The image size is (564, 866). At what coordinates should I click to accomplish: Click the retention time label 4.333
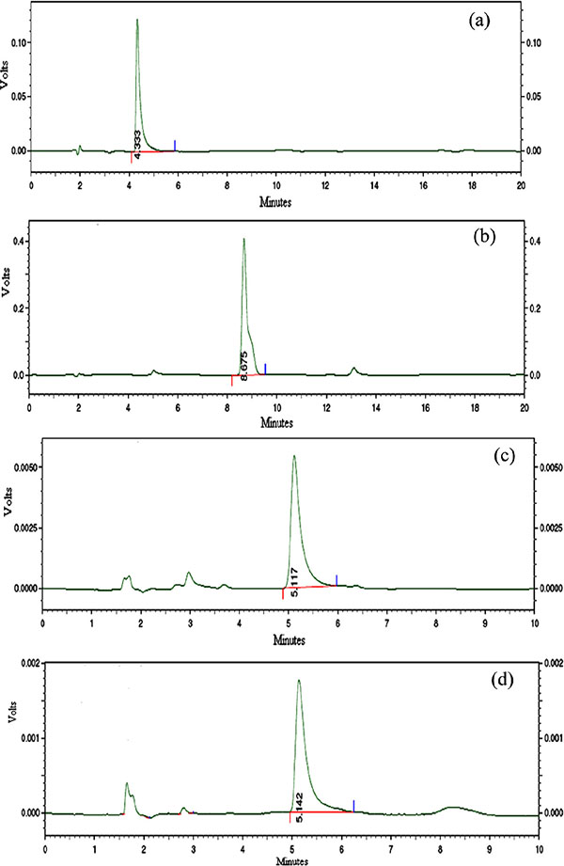pos(138,144)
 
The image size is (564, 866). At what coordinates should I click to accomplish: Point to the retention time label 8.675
pos(243,367)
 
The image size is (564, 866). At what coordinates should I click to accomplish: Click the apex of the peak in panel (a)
pos(137,20)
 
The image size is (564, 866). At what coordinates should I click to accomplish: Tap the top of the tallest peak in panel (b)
pos(243,239)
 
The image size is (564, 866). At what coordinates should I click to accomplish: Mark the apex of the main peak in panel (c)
pos(294,457)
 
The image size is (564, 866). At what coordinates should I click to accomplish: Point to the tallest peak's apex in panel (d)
pos(298,681)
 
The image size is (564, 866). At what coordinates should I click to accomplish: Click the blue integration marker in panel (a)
pos(175,145)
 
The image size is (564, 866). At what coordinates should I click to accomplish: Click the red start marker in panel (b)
pos(231,380)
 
